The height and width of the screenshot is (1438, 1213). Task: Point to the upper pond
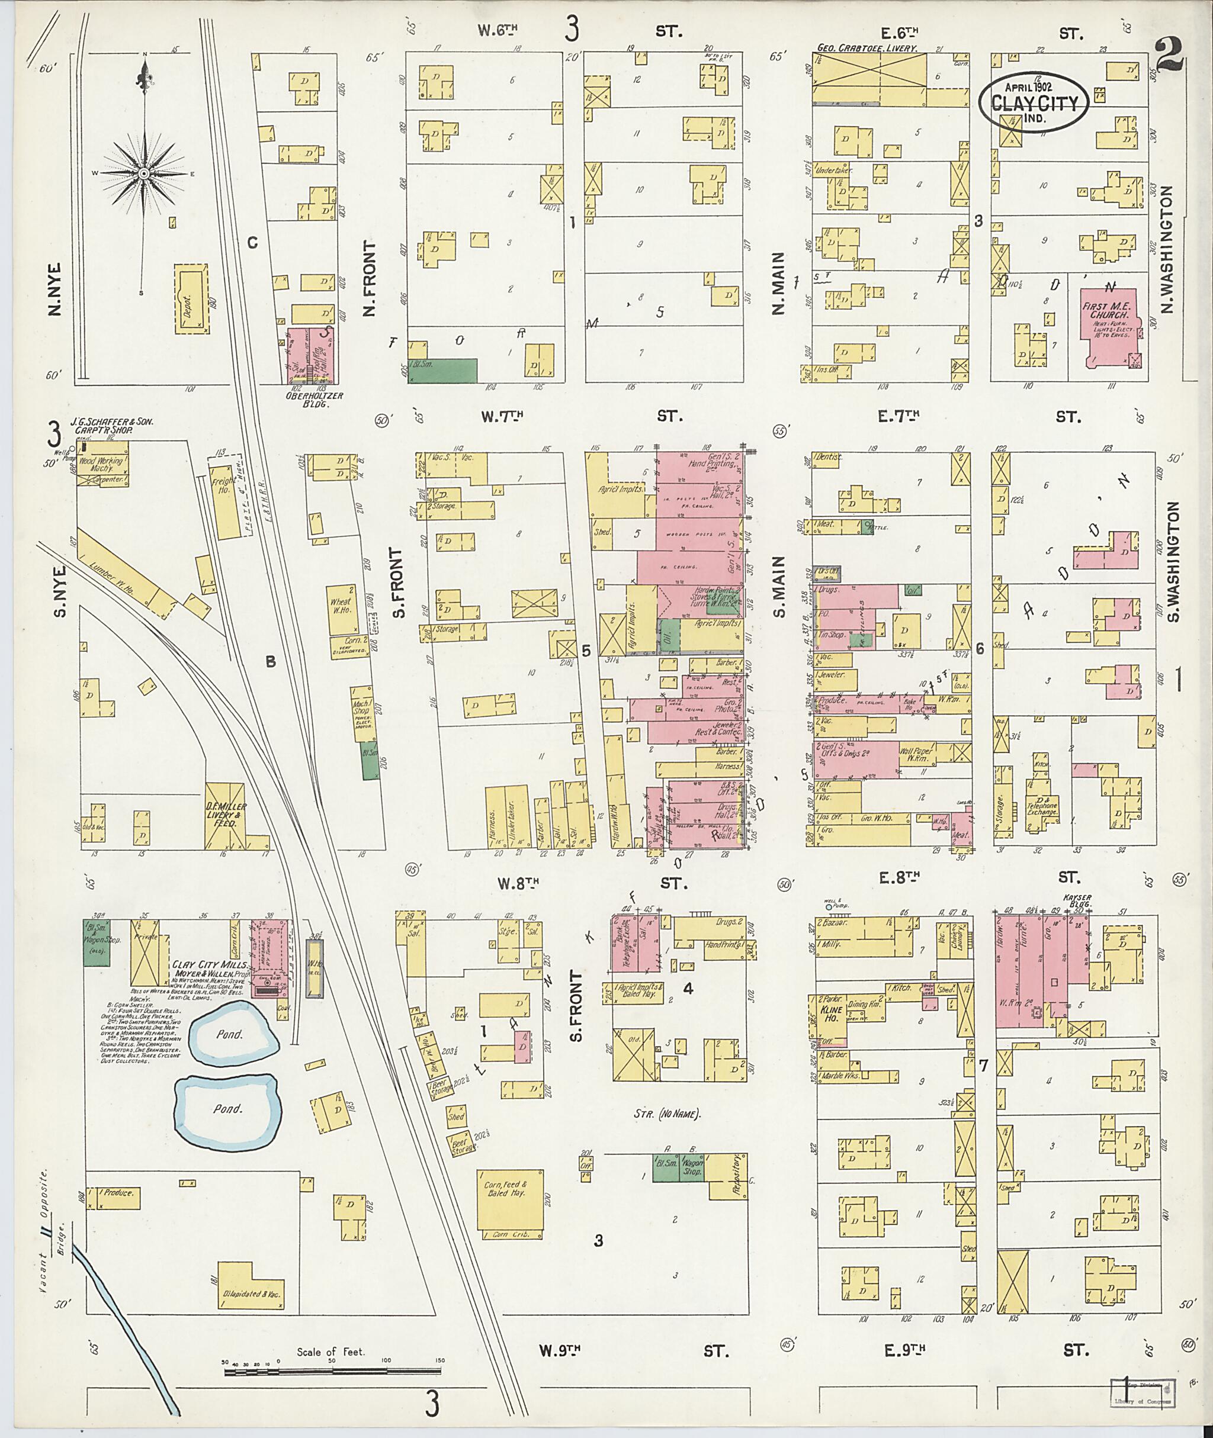235,1033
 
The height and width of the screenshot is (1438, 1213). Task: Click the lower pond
228,1108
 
